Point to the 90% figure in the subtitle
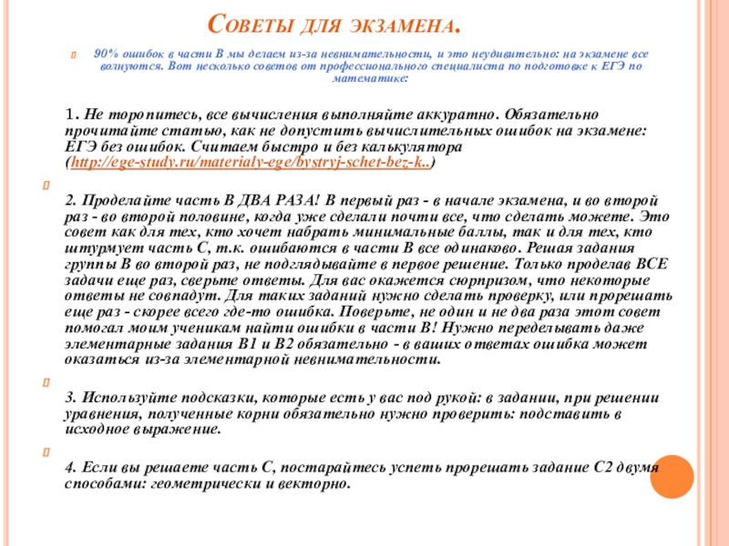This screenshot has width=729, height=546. [x=107, y=55]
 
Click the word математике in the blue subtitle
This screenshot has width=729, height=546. [x=370, y=80]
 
